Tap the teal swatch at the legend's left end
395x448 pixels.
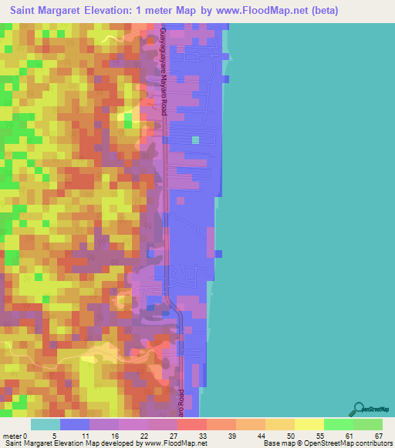45,424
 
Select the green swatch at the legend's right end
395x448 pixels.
368,424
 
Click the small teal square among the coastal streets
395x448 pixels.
195,140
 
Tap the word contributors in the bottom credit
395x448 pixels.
373,443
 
